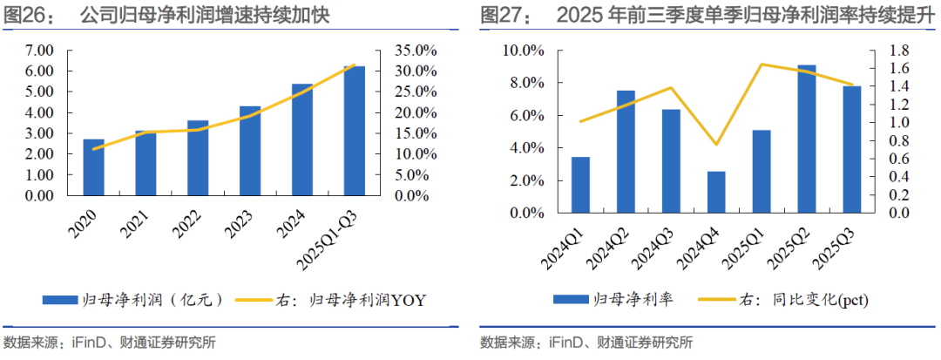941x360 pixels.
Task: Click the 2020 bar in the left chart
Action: pyautogui.click(x=94, y=167)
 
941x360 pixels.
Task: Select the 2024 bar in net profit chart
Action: pyautogui.click(x=302, y=139)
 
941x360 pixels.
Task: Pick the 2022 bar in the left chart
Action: pyautogui.click(x=198, y=158)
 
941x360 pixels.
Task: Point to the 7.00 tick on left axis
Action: pyautogui.click(x=40, y=51)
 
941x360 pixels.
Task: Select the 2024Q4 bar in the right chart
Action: pyautogui.click(x=715, y=192)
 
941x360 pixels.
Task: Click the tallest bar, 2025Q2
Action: pyautogui.click(x=806, y=139)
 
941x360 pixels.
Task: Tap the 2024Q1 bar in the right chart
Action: pyautogui.click(x=580, y=185)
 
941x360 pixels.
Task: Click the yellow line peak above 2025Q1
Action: pyautogui.click(x=762, y=64)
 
